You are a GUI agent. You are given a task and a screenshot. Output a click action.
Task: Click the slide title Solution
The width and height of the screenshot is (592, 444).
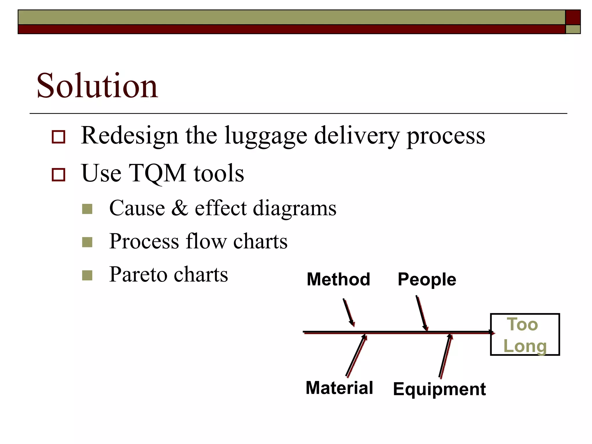coord(97,86)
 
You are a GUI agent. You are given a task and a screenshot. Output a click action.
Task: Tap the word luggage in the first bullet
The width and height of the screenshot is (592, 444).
coord(265,136)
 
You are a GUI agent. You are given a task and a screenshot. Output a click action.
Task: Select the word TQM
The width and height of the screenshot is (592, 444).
coord(158,173)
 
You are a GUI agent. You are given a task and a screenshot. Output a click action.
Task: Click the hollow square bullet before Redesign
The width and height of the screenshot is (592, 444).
coord(58,137)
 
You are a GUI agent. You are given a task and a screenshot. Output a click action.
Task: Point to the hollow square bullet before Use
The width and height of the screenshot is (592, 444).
coord(58,175)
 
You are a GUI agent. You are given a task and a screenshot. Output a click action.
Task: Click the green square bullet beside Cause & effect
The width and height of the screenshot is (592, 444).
coord(87,209)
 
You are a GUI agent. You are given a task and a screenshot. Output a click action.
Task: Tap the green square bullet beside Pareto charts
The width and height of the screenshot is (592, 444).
coord(87,275)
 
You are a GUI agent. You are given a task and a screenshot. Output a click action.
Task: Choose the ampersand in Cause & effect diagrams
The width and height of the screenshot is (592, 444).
coord(180,208)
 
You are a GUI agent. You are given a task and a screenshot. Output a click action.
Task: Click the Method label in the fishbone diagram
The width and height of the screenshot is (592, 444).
coord(338,279)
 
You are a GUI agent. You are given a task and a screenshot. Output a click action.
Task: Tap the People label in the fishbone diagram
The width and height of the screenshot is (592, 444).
coord(427,279)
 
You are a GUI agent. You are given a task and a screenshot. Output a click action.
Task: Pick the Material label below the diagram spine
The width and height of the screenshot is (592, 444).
coord(339,388)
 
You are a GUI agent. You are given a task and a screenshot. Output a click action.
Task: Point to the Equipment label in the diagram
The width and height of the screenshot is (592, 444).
coord(439,389)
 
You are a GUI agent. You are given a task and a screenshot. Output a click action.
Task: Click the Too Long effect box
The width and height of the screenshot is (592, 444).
coord(525,334)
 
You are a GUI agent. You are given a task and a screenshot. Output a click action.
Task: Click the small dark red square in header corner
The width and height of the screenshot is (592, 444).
coord(573,17)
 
